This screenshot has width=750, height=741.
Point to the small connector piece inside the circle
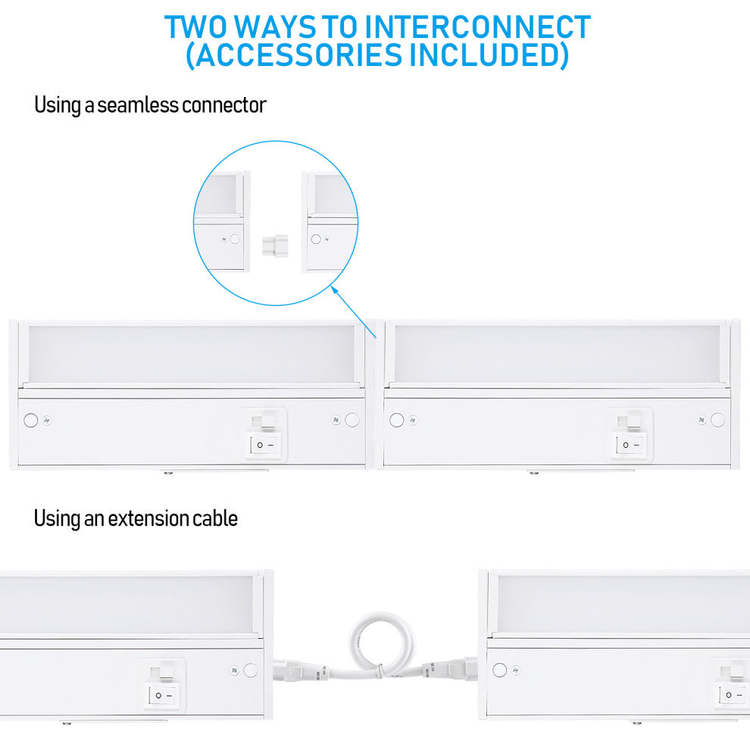[x=276, y=246]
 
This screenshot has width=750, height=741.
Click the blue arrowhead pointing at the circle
[x=335, y=290]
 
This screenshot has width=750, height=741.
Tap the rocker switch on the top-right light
[x=630, y=445]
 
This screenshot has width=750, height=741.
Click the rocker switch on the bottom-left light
[x=162, y=695]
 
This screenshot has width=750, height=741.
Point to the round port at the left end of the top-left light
[x=30, y=421]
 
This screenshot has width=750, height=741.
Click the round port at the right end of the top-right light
[x=717, y=420]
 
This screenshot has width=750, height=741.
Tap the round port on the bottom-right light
[x=499, y=670]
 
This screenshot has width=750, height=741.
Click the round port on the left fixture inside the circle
[x=235, y=239]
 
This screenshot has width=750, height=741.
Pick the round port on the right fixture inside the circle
[x=316, y=239]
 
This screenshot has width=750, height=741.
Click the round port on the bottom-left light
[x=251, y=671]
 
